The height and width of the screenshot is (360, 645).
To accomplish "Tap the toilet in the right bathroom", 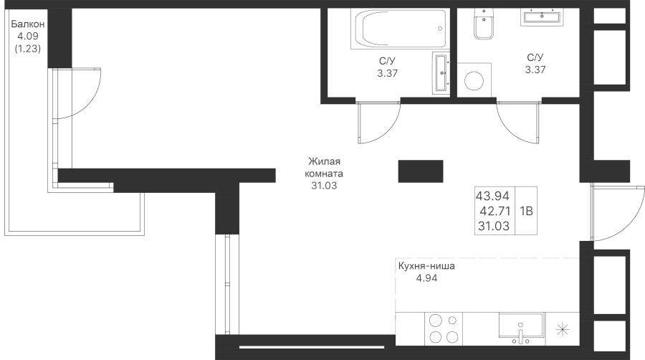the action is point(484,24).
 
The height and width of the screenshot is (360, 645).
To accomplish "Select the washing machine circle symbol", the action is point(474,80).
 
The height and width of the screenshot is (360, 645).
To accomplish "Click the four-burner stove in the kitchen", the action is point(444,328).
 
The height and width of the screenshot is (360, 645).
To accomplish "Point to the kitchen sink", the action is point(521,328).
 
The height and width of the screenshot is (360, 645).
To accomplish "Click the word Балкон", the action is point(27,24).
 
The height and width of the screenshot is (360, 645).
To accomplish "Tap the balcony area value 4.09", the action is point(27,36).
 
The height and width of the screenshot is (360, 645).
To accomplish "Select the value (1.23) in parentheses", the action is point(27,49).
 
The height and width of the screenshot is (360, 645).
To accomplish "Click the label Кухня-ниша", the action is point(426,266).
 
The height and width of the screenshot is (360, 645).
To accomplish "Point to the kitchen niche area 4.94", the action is point(426,278).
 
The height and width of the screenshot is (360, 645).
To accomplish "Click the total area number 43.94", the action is point(493,196).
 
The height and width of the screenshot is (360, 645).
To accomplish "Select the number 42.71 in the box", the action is point(495,211).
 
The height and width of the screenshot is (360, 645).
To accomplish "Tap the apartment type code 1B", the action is point(527,211).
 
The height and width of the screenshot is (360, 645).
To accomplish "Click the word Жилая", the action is point(324,161).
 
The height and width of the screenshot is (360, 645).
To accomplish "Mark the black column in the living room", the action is point(421,171).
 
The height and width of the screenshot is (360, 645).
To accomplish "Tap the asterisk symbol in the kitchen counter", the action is point(563,330).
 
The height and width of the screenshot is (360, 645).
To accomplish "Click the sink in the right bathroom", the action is point(542,17).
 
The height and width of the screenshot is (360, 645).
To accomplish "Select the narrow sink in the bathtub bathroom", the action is point(441,73).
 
